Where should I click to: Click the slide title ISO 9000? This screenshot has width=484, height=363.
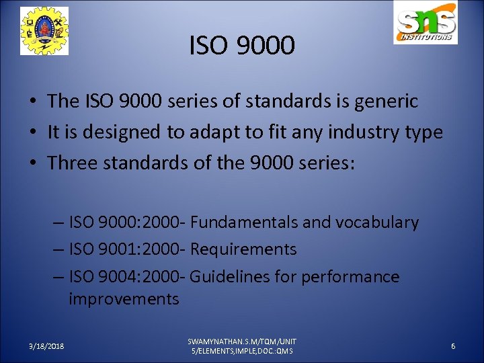242,46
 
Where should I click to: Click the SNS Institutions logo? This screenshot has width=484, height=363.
426,24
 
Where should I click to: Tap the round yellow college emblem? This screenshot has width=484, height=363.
44,31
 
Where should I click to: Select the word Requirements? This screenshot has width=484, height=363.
243,249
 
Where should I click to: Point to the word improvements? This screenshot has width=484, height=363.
124,299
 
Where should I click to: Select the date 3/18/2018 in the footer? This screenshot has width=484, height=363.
47,346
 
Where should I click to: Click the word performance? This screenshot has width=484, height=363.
350,277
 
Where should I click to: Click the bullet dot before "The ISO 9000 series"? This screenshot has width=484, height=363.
32,102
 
